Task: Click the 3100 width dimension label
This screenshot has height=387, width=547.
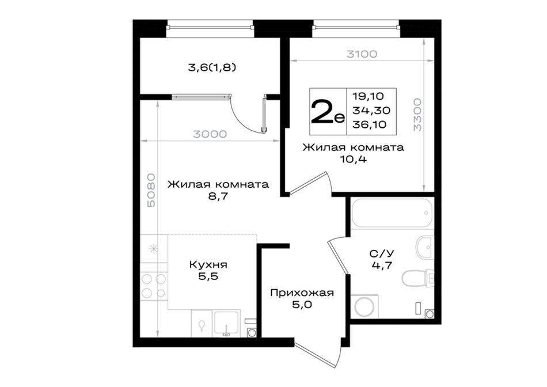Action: [x=362, y=54]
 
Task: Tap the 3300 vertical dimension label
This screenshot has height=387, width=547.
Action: [x=417, y=115]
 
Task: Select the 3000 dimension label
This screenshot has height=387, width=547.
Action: [x=210, y=134]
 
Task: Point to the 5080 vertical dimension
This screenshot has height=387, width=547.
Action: [x=151, y=190]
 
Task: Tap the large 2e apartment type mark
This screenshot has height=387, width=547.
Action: [x=328, y=111]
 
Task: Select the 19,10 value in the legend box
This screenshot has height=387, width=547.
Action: [x=368, y=96]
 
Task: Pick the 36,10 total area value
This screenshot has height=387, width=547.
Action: [x=370, y=124]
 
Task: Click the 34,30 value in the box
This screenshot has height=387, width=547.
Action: [x=371, y=110]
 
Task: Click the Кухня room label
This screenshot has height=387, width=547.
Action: [x=208, y=264]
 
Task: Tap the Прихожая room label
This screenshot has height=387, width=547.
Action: [x=302, y=293]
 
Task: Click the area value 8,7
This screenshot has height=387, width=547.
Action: [x=218, y=196]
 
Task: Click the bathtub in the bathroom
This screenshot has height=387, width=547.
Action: [x=392, y=213]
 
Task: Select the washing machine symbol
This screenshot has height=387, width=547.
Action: [x=364, y=306]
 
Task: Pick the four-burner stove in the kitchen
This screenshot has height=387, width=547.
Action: [x=154, y=286]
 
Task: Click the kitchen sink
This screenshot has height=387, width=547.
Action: [x=227, y=324]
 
